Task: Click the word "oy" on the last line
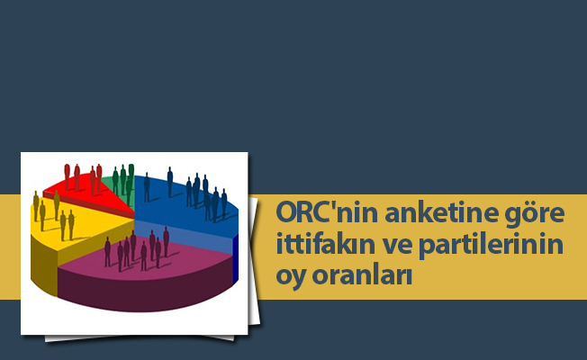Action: click(x=290, y=275)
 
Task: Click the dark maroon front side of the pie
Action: click(x=153, y=292)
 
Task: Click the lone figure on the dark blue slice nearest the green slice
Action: click(x=147, y=187)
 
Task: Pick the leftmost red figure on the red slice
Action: click(x=67, y=176)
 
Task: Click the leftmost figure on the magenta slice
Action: click(x=107, y=251)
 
